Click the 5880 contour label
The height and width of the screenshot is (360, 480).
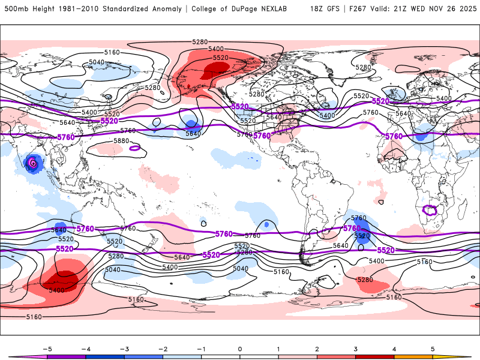tap(121, 141)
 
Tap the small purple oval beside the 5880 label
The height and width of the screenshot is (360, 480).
tap(134, 147)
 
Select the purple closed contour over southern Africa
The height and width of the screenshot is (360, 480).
tap(430, 210)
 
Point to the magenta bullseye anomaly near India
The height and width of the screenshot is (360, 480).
tap(33, 163)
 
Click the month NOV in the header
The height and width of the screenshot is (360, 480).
tap(437, 9)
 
